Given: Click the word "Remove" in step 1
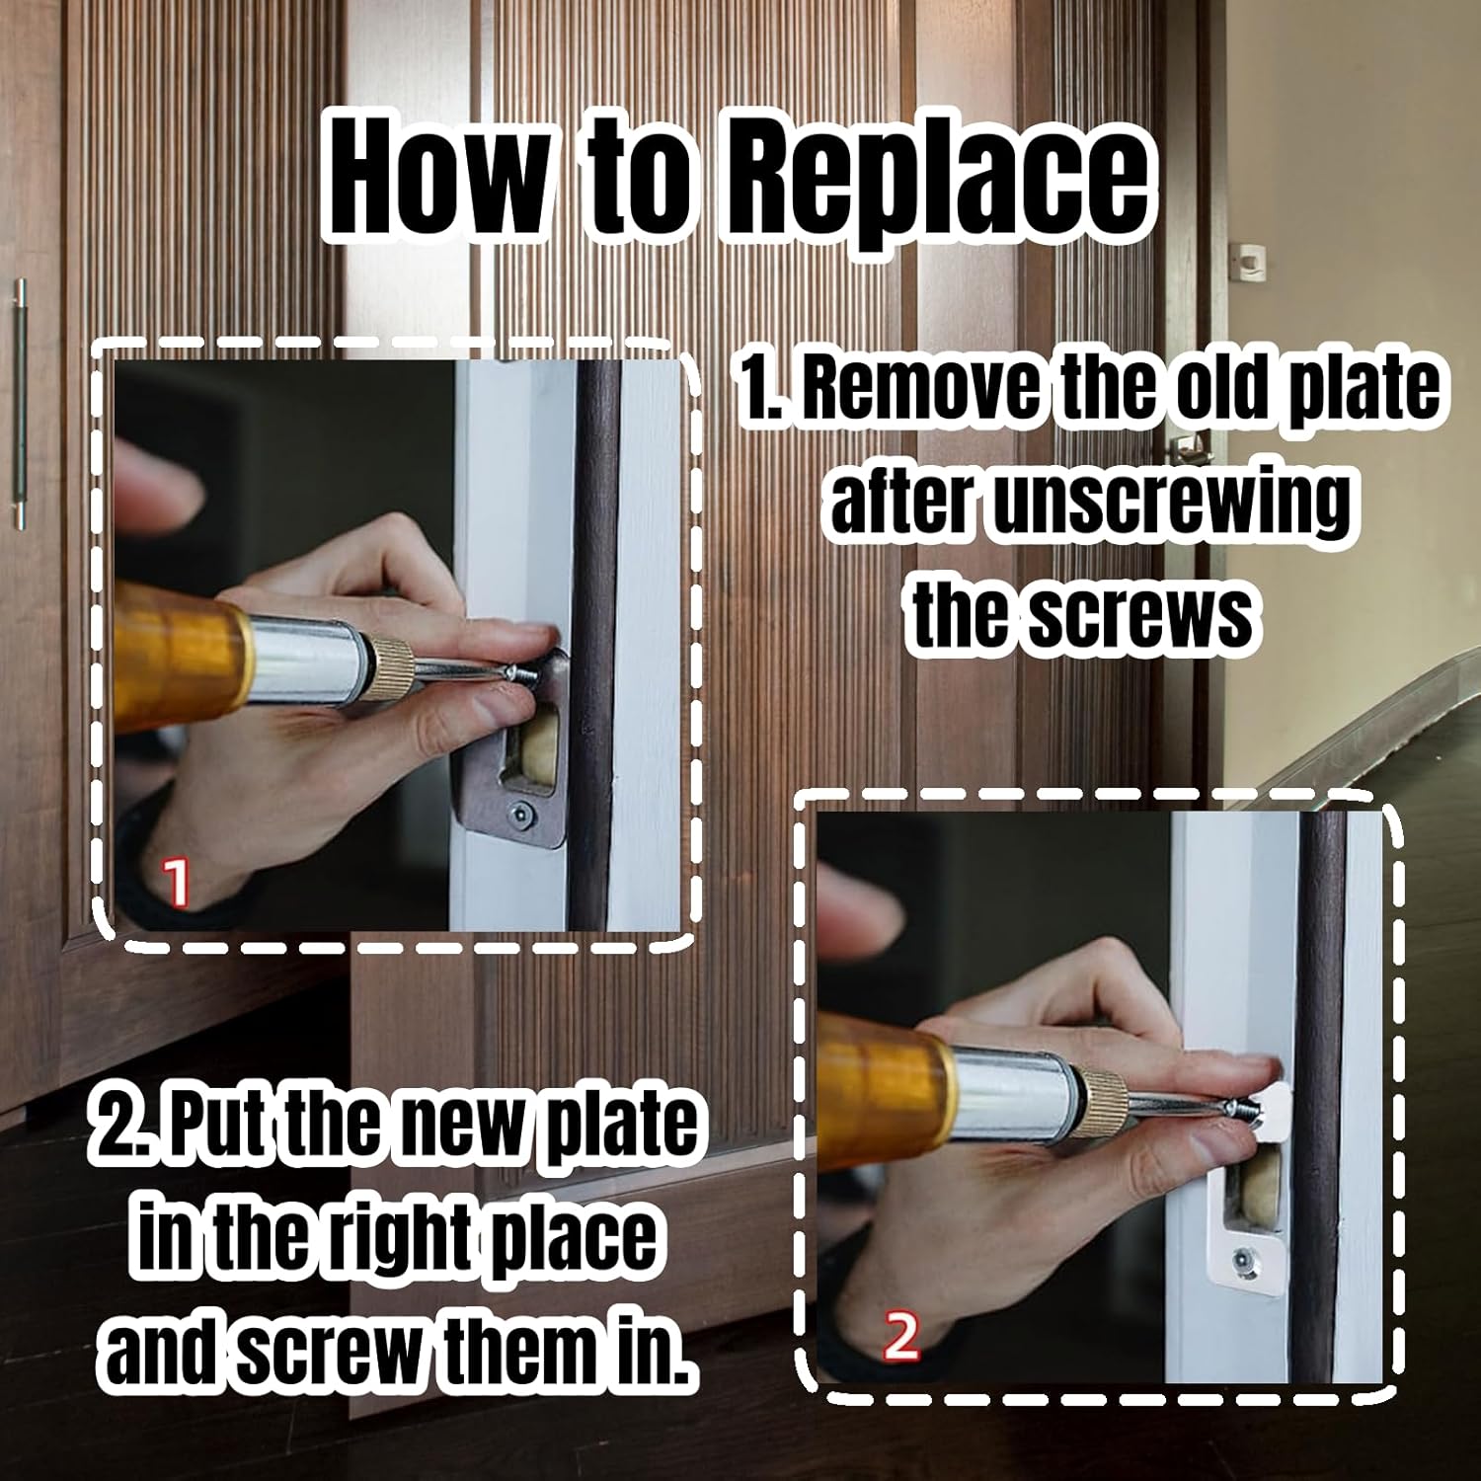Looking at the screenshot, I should coord(919,390).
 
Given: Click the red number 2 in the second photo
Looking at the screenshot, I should coord(900,1338).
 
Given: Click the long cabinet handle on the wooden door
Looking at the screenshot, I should coord(18,405).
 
